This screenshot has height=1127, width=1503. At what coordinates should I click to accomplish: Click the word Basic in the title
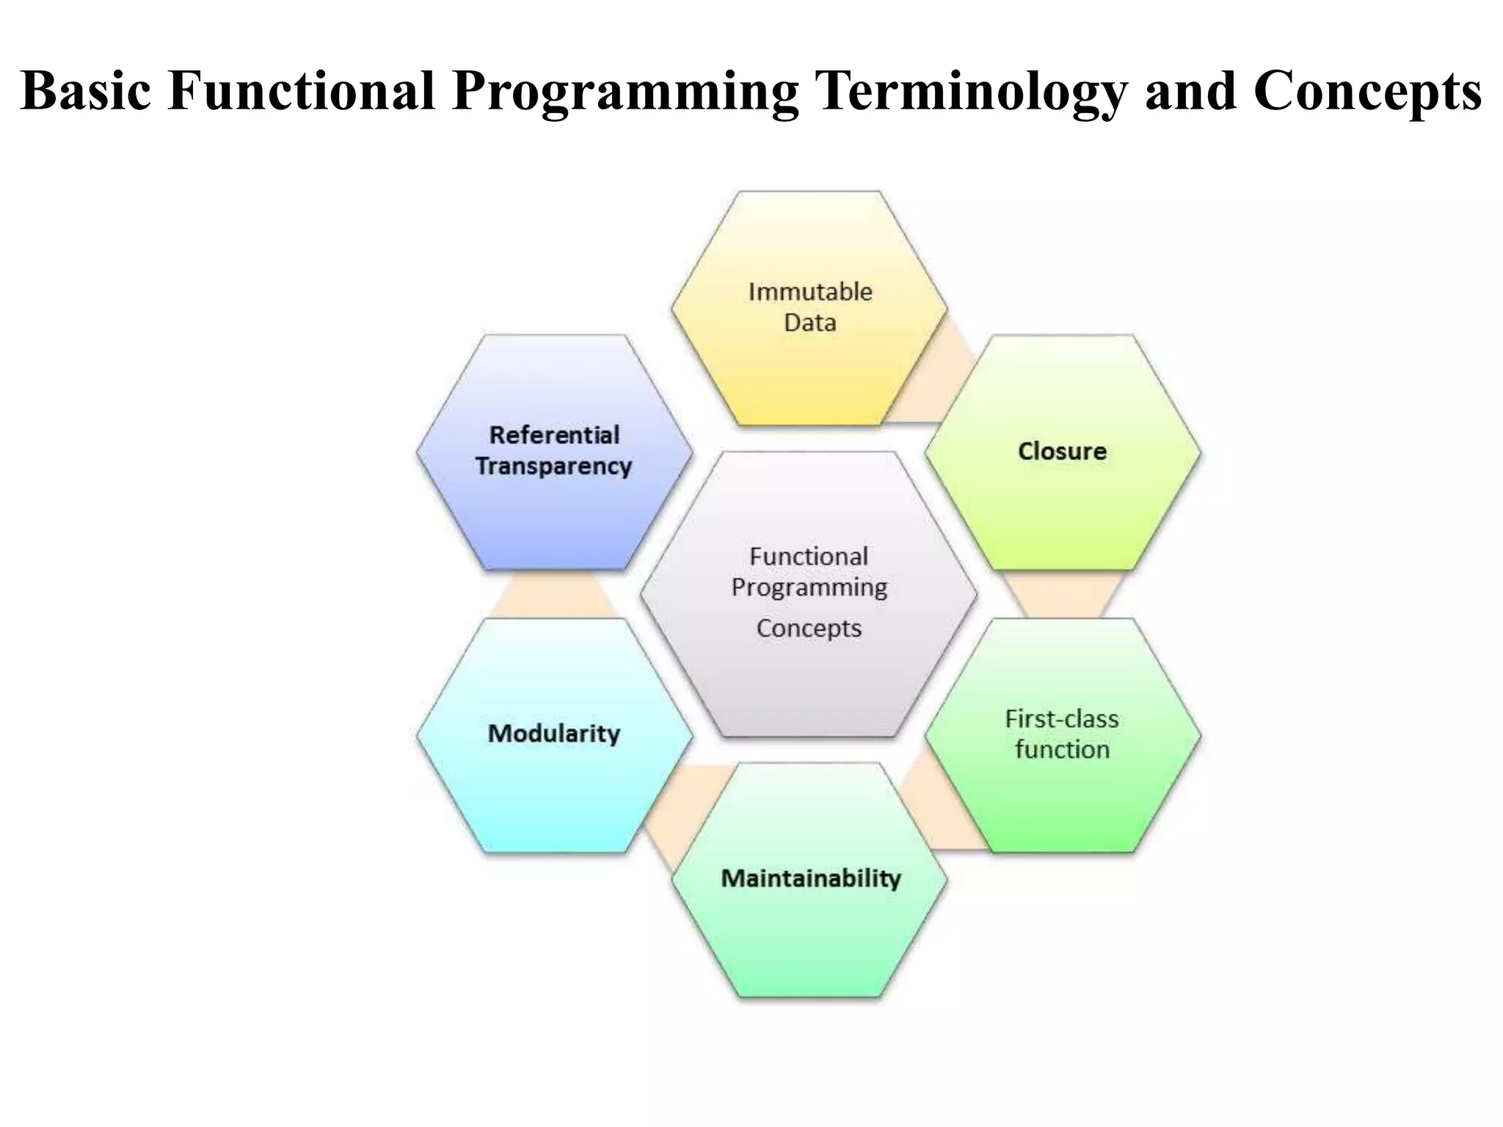tap(86, 91)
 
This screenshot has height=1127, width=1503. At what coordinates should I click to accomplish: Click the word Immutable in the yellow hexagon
tap(810, 292)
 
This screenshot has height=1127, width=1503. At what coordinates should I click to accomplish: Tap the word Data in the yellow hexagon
tap(810, 323)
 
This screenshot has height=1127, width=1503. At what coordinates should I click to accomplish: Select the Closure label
tap(1062, 451)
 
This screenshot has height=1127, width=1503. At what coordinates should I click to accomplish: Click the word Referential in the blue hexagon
tap(554, 435)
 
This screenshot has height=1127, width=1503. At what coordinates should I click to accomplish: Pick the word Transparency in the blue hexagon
tap(554, 467)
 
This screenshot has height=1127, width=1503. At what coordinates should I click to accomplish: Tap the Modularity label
tap(554, 734)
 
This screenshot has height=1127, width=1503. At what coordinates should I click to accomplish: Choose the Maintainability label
tap(810, 878)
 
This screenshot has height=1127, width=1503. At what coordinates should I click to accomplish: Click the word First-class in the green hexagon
tap(1062, 719)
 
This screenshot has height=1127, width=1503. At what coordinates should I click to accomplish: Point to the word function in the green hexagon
tap(1062, 750)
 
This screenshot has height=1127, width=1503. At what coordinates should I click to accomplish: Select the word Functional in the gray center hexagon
tap(809, 557)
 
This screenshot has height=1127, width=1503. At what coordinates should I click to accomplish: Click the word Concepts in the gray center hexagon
tap(809, 629)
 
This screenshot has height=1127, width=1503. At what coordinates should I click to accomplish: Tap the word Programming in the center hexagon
tap(809, 588)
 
